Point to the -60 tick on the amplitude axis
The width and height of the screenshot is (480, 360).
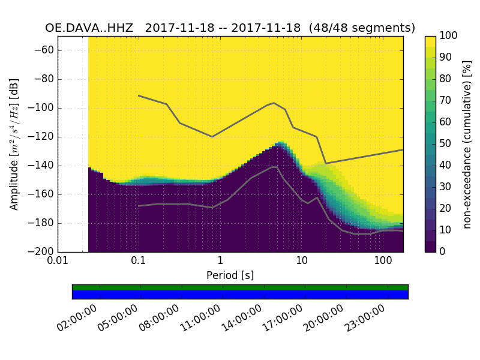coord(45,50)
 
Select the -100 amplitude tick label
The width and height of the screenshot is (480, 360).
coord(43,108)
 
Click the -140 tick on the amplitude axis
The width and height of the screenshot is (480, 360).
coord(43,166)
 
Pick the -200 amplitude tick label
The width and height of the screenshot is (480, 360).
coord(43,252)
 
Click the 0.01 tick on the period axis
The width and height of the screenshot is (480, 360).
coord(58,262)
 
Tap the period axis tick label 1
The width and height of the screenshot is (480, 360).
coord(220,262)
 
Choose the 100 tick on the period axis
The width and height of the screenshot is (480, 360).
coord(383,262)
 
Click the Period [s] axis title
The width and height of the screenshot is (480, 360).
coord(230,275)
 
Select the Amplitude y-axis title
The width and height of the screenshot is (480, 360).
coord(14,144)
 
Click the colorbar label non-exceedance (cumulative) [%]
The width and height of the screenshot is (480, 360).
coord(468,144)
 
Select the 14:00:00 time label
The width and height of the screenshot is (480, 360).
coord(241,318)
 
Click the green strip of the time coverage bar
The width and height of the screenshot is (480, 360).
coord(240,287)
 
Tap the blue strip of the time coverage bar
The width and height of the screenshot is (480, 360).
coord(240,295)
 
